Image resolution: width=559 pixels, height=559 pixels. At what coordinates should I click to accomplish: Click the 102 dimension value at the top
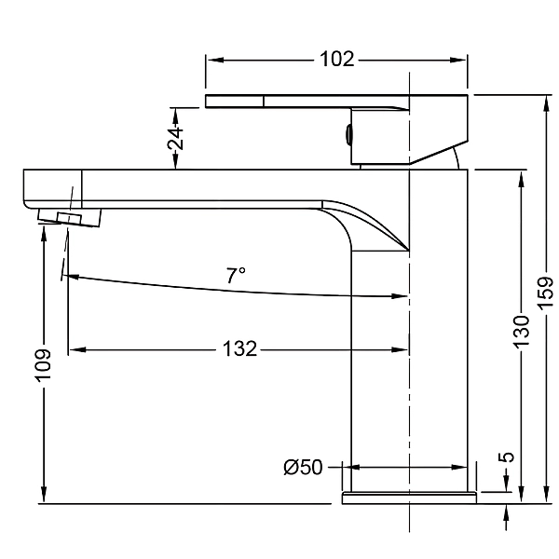(336, 60)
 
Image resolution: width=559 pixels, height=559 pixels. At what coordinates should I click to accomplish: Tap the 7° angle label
(237, 275)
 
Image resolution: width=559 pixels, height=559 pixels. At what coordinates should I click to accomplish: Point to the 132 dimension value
(239, 350)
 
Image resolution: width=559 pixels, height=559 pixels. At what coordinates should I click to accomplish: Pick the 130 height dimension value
(522, 331)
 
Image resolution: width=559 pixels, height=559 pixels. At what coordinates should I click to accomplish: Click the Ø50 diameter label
(303, 467)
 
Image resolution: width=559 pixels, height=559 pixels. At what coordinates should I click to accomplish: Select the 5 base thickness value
(506, 457)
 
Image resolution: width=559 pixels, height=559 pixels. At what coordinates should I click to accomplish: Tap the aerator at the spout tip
(71, 218)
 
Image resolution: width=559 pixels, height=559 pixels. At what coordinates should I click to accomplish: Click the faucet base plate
(410, 497)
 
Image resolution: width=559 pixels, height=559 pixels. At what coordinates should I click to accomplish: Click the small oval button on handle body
(348, 136)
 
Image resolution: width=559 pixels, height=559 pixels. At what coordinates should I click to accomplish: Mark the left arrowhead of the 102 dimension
(211, 60)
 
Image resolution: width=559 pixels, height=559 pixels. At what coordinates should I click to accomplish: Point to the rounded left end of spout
(27, 191)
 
